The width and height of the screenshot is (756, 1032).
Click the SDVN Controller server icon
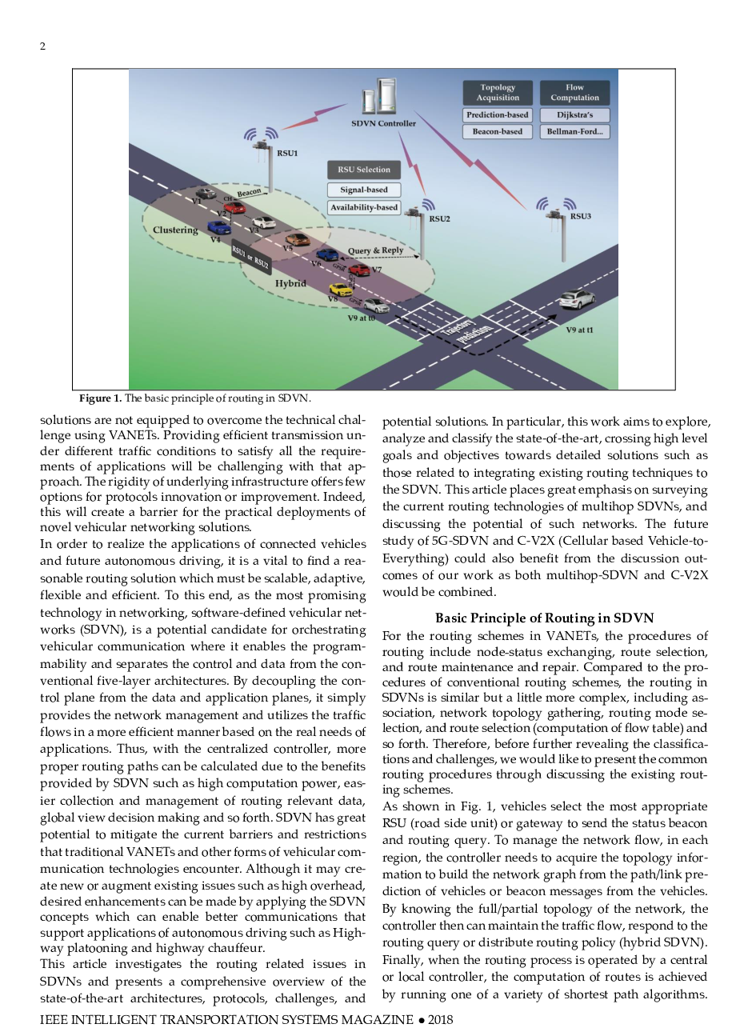point(380,97)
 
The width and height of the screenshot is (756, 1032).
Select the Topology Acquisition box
point(498,93)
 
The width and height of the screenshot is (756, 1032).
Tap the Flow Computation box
point(574,93)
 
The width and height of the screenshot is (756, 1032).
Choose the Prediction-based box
point(498,115)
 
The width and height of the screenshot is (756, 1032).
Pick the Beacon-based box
point(498,131)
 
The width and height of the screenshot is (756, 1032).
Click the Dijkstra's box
point(574,115)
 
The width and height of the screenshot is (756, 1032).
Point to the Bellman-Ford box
point(574,131)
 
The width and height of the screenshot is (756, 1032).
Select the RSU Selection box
point(364,170)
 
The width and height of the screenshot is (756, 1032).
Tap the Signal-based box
point(364,190)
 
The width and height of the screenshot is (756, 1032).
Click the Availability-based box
point(364,207)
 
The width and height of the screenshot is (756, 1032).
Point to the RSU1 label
point(287,153)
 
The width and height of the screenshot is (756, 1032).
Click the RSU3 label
point(581,216)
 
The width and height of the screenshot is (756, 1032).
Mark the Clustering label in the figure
point(175,230)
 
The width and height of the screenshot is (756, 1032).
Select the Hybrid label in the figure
point(290,283)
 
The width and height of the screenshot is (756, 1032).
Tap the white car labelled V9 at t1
point(577,299)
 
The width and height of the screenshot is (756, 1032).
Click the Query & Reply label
point(375,250)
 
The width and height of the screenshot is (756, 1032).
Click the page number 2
point(43,46)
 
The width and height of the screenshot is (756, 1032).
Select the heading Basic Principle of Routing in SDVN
point(544,618)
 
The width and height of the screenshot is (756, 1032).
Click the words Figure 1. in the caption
point(100,398)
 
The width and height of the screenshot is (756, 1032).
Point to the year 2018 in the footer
point(440,1019)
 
